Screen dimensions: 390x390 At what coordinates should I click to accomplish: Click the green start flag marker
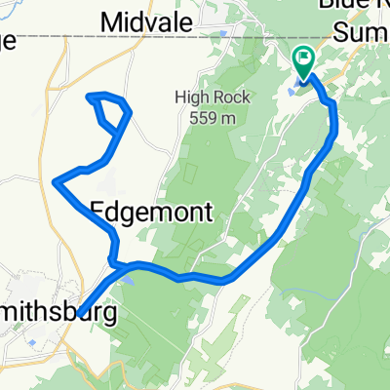303,62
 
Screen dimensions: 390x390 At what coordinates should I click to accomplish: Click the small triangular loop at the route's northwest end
111,111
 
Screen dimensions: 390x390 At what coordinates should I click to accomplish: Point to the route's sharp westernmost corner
56,180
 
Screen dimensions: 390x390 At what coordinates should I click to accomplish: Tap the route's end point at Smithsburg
81,313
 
